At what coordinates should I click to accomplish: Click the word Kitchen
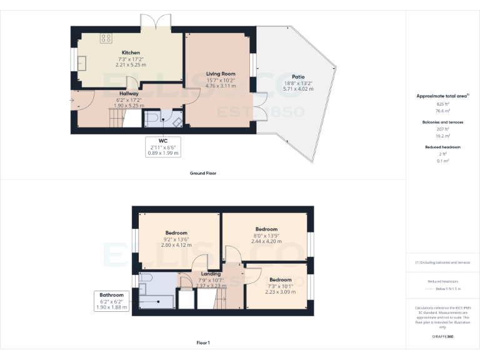131,52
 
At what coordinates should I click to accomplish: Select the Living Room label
220,74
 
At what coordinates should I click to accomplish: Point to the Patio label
298,77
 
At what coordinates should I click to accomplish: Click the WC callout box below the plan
163,147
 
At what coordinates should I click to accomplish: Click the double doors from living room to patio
256,110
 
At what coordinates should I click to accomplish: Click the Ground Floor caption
202,173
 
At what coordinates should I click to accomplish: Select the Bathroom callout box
111,301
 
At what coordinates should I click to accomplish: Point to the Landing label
210,274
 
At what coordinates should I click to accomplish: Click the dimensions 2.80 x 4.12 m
176,245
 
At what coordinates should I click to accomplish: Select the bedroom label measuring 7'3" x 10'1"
280,286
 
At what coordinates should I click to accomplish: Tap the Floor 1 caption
202,342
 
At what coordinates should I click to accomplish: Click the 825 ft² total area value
442,104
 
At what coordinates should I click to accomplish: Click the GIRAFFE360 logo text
442,337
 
